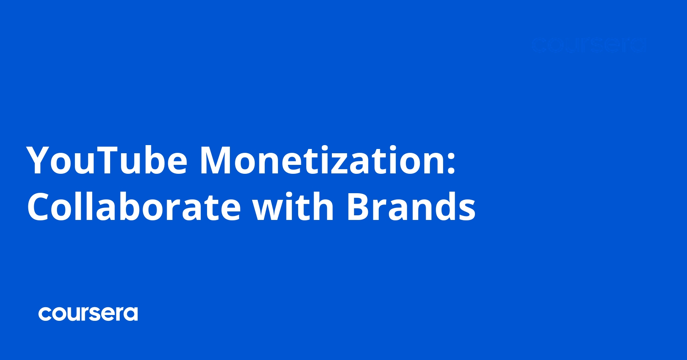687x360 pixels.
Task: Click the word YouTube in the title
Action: (x=107, y=160)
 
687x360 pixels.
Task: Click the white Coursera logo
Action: (x=88, y=314)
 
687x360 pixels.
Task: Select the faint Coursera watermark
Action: (x=589, y=45)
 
